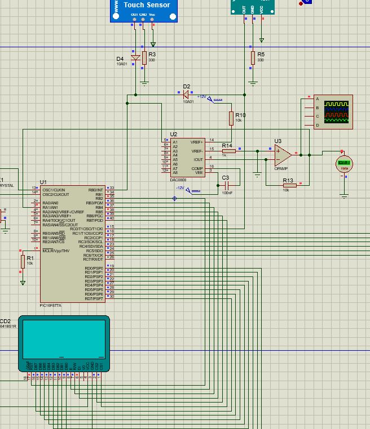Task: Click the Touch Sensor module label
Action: click(146, 5)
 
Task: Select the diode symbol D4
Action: click(135, 58)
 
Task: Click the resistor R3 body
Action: click(144, 57)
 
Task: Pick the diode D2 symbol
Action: click(187, 94)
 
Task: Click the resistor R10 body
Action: click(231, 118)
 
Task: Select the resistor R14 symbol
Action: click(228, 151)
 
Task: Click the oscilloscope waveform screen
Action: click(333, 111)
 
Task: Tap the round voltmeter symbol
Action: click(343, 163)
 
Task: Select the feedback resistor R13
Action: click(289, 185)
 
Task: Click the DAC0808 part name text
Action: click(178, 180)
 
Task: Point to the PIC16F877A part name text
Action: click(51, 305)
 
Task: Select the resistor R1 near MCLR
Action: click(23, 261)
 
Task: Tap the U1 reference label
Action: click(43, 182)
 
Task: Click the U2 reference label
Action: click(173, 135)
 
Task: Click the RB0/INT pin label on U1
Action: click(96, 190)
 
